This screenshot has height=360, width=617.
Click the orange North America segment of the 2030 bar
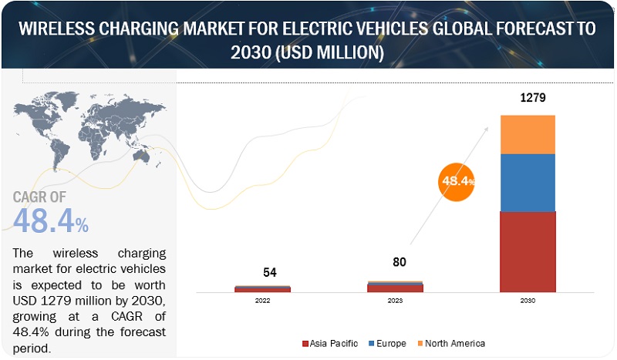(x=528, y=134)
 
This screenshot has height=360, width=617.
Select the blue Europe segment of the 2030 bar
(x=528, y=183)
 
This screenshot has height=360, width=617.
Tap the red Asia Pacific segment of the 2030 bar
(x=528, y=251)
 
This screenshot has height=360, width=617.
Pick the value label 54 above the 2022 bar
(x=269, y=272)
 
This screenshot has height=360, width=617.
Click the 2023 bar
(x=395, y=288)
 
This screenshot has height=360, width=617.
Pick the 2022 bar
(x=263, y=290)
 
